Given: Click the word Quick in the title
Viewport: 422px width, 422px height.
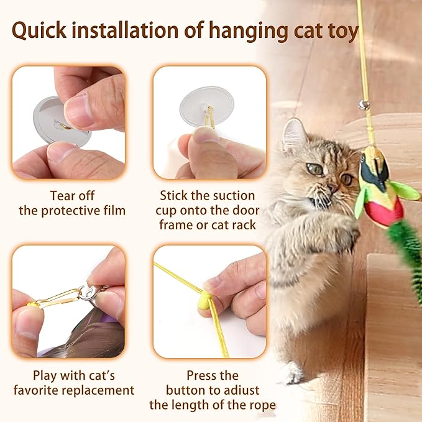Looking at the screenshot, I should [42, 31].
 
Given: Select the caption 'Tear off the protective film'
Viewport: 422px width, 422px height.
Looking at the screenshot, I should [71, 203].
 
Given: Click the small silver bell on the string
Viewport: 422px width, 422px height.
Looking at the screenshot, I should [364, 104].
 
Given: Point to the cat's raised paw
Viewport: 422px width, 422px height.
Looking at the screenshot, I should [342, 230].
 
